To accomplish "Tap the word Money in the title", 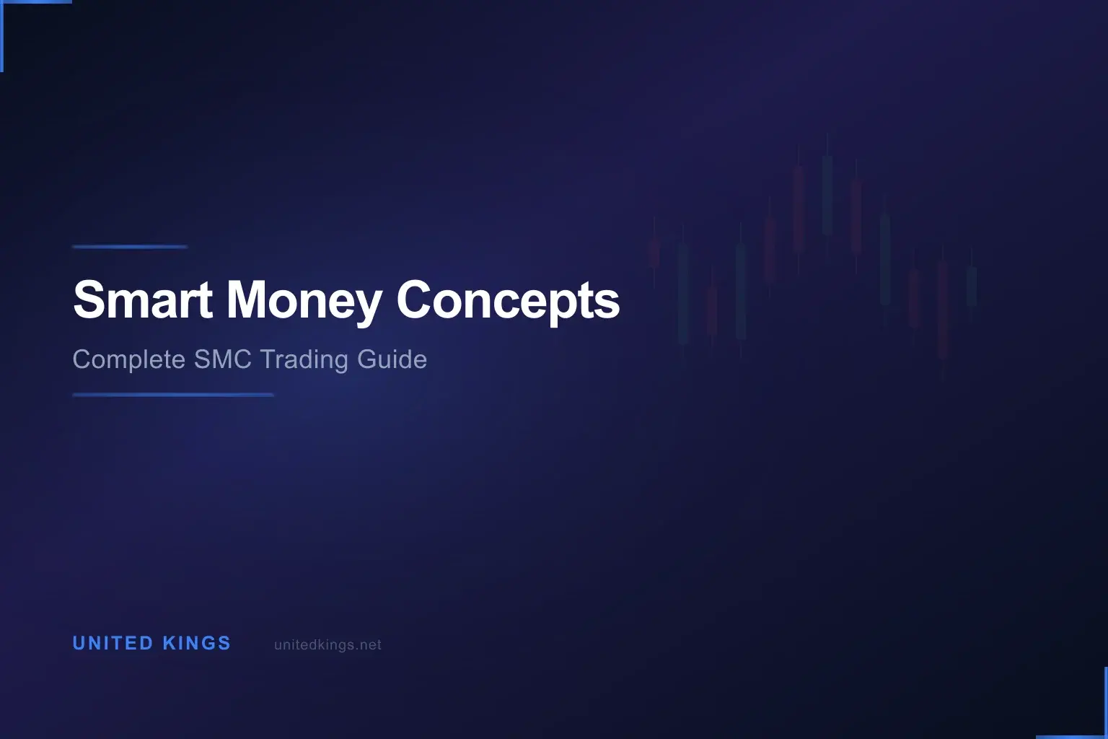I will (x=304, y=299).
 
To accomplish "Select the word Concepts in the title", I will (x=508, y=299).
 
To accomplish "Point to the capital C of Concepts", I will (x=413, y=299).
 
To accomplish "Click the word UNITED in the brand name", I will (x=113, y=643).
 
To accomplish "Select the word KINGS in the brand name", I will (x=197, y=643).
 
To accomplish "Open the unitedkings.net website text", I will (x=327, y=645).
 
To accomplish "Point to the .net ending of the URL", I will (x=369, y=645).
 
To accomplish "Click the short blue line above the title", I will (x=130, y=247).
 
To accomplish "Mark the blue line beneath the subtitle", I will (x=173, y=395).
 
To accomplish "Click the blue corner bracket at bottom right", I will (x=1096, y=735).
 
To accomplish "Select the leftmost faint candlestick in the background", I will (x=654, y=253).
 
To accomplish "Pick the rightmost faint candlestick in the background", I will (x=972, y=286).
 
